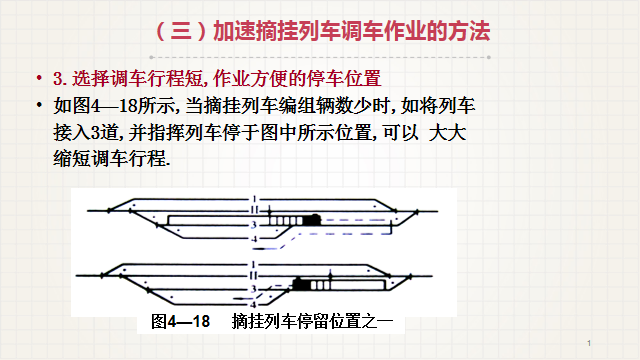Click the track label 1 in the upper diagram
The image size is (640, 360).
pos(254,199)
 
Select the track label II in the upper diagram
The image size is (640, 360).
pos(254,210)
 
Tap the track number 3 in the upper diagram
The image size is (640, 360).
pos(254,225)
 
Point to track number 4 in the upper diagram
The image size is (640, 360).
pos(254,239)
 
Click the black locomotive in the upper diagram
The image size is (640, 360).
pos(312,220)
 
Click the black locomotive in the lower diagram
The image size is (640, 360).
pos(301,284)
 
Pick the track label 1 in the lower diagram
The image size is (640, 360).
pos(253,265)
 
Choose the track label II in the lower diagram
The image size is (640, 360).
pos(253,276)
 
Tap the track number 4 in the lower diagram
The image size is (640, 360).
pos(253,304)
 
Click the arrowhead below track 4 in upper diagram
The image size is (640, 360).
pos(256,248)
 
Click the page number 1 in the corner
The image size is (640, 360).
pos(589,343)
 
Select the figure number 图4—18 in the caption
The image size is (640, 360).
pos(180,322)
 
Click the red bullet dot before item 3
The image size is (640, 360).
pos(39,78)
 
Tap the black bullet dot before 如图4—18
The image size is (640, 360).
pos(39,105)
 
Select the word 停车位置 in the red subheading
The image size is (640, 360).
pos(344,78)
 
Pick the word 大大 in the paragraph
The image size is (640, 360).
pos(447,133)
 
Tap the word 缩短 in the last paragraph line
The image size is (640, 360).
pos(71,158)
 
